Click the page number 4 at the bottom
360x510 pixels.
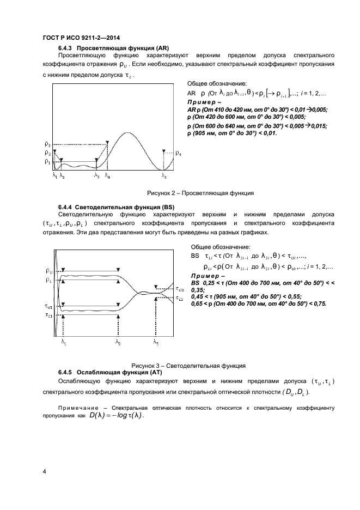click(44, 471)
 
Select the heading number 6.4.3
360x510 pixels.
click(66, 47)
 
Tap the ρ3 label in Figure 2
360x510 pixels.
click(48, 144)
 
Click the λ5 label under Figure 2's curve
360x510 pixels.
click(164, 176)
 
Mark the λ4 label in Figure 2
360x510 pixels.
click(107, 176)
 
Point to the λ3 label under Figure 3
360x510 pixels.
click(156, 342)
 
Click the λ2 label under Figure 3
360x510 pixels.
click(118, 342)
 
